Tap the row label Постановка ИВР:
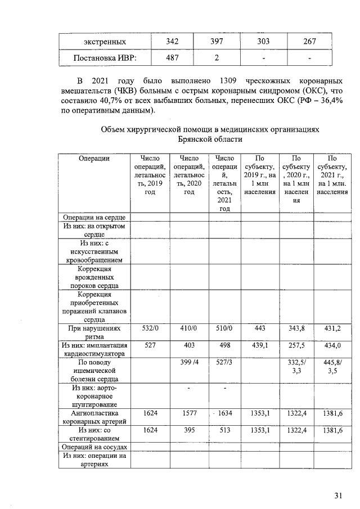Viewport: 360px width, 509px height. (x=105, y=58)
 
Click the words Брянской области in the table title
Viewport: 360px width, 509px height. (x=210, y=139)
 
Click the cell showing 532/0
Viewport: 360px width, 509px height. (x=150, y=328)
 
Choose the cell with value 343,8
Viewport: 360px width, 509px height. (x=298, y=328)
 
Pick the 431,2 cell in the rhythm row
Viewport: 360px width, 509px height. (x=332, y=328)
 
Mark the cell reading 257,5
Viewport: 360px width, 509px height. (x=298, y=345)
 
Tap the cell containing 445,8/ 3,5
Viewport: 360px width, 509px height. (x=332, y=367)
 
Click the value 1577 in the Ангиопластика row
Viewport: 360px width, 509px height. (x=189, y=414)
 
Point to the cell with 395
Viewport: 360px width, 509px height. (x=189, y=431)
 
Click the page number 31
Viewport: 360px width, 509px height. (x=338, y=496)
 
